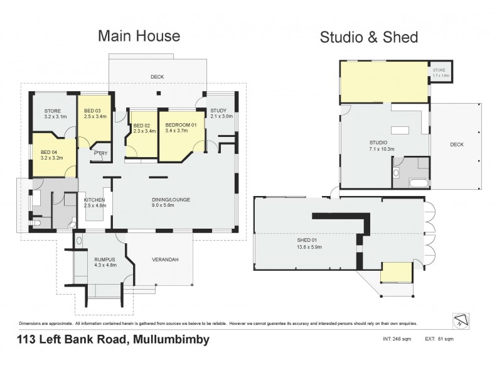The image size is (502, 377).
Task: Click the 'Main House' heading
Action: [139, 36]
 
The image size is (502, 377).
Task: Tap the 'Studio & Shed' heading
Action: [370, 36]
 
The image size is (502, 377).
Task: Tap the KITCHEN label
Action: [93, 200]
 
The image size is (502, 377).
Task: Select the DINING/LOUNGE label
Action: [171, 200]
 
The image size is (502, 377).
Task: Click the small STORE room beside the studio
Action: [442, 72]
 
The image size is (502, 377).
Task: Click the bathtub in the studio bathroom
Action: [417, 183]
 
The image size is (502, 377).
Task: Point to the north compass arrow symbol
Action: [461, 319]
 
